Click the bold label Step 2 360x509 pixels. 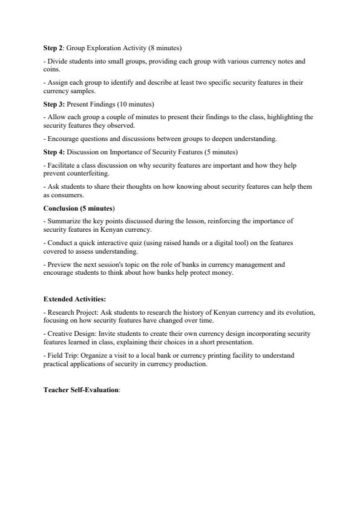point(53,48)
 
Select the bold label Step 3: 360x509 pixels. point(54,104)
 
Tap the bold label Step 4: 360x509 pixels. point(54,151)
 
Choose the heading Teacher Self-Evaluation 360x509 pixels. point(81,390)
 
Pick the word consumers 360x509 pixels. point(67,195)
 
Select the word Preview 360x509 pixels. point(58,264)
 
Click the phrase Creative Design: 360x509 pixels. point(68,333)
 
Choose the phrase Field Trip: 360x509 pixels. point(61,355)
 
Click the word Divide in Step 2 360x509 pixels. point(56,61)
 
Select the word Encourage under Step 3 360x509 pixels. point(62,139)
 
